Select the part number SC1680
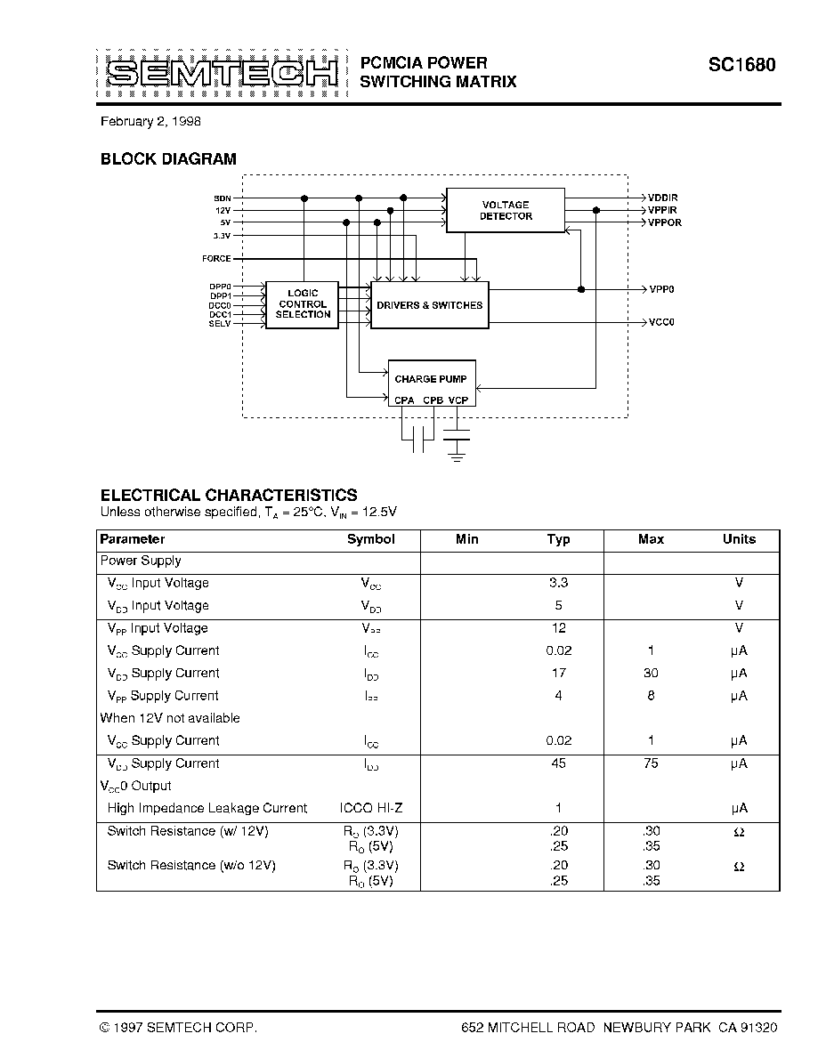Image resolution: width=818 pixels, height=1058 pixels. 741,65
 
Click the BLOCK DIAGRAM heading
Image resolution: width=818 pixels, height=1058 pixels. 168,159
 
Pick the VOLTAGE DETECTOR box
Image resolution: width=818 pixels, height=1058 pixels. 506,210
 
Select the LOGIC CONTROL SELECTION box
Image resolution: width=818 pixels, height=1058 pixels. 303,304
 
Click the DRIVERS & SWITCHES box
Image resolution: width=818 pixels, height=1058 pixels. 429,305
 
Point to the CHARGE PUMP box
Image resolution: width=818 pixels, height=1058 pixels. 431,378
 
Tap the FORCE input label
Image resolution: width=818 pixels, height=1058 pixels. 216,259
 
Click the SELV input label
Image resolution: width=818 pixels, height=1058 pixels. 219,324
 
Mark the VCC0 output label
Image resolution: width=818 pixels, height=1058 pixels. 661,322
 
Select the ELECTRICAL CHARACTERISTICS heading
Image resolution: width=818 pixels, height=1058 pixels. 229,495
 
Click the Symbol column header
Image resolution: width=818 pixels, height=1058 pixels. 370,539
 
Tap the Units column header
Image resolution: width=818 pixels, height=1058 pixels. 739,539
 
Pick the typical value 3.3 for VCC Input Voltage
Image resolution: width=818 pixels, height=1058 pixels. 558,583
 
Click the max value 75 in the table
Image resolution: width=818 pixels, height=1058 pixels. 651,763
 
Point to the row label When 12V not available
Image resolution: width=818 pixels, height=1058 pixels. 170,718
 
